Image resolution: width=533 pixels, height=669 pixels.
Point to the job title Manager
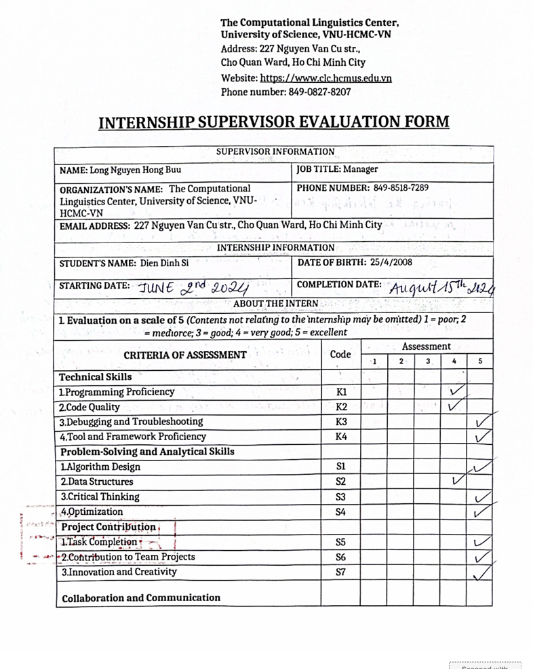point(359,168)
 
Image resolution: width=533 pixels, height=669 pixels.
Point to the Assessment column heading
point(427,346)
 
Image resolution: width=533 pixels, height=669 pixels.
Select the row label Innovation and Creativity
point(119,571)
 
